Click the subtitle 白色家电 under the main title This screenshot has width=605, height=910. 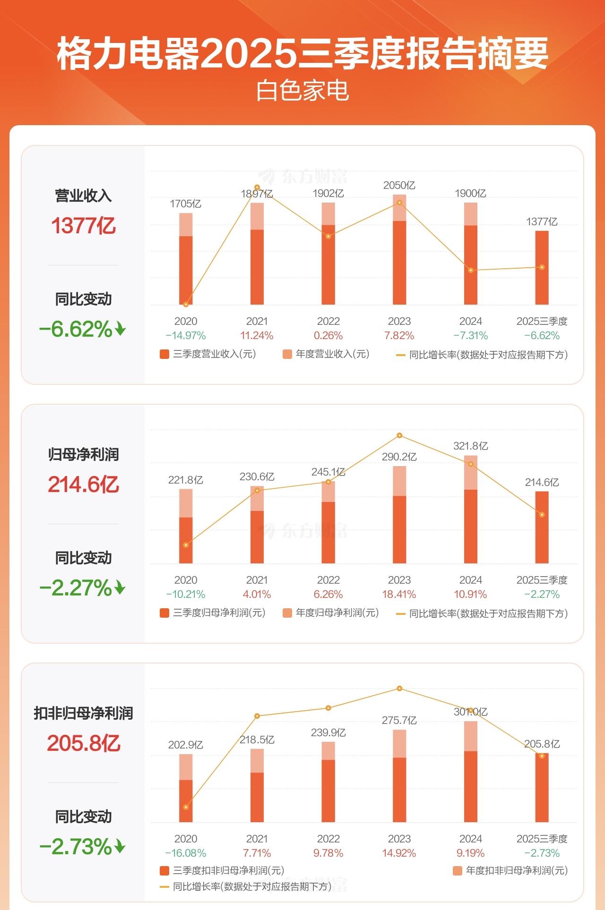tap(302, 91)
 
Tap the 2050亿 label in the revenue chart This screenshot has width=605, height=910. tap(399, 186)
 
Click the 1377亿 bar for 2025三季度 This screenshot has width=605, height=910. tap(542, 268)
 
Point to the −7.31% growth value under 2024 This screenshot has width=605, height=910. tap(470, 336)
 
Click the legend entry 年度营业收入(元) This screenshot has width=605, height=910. tap(326, 354)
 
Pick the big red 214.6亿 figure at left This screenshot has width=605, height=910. tap(83, 485)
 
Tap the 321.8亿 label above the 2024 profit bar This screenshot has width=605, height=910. tap(470, 446)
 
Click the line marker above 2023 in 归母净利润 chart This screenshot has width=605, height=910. tap(399, 435)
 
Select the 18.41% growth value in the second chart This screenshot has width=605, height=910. tap(399, 595)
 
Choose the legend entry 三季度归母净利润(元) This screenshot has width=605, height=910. tap(213, 613)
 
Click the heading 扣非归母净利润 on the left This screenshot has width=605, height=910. tap(83, 713)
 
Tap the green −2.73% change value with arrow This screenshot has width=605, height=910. tap(82, 847)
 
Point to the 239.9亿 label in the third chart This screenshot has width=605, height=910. tap(328, 732)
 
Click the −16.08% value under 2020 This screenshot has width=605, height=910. tap(186, 853)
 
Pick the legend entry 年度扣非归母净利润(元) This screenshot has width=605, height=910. tap(510, 870)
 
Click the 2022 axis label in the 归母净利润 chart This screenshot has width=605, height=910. tap(328, 580)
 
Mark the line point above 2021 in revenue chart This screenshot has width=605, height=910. tap(257, 187)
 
